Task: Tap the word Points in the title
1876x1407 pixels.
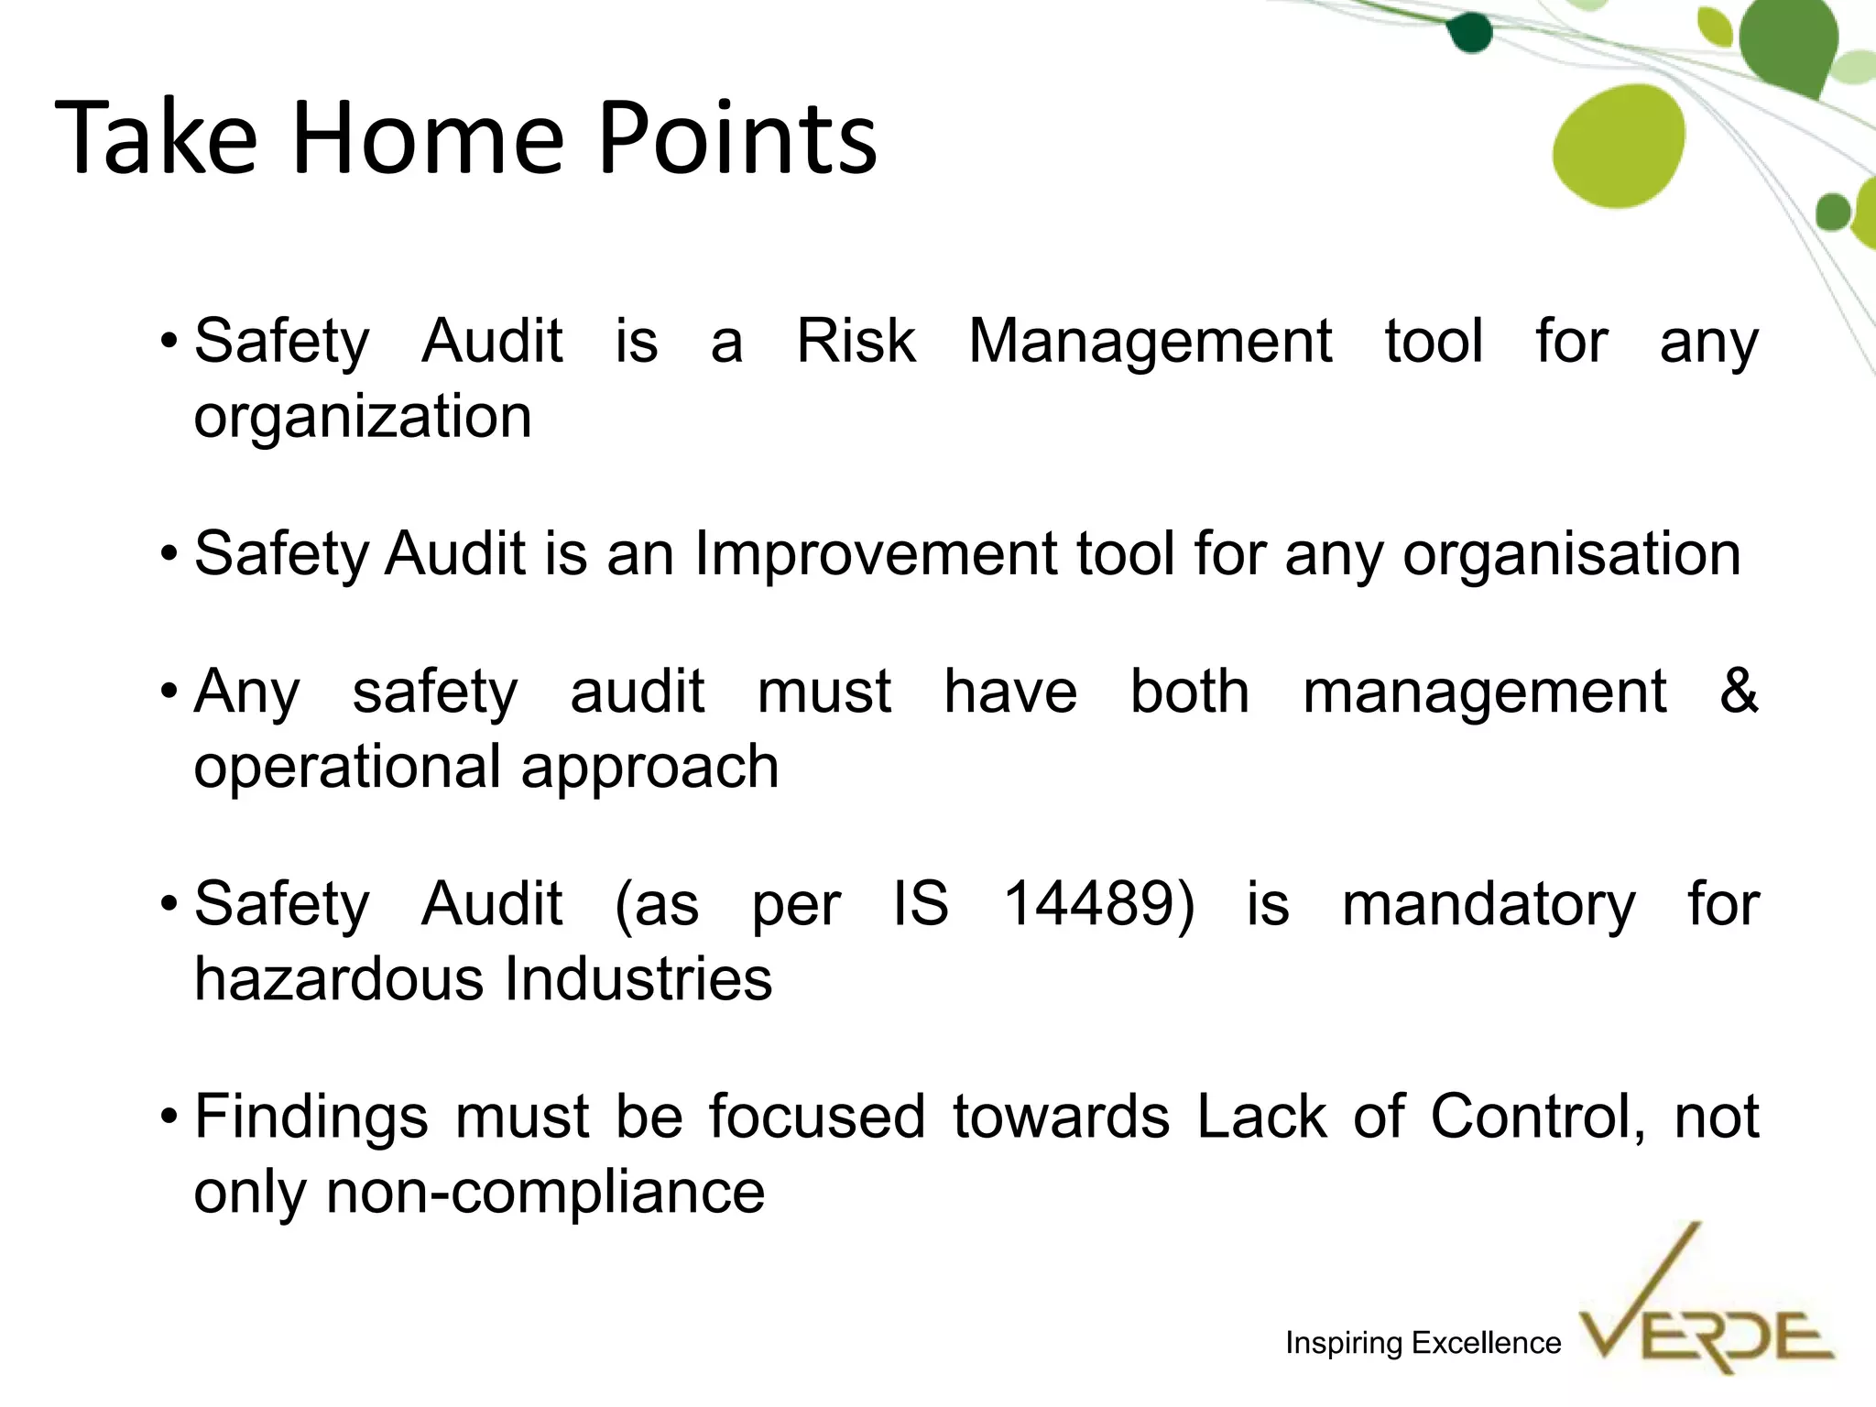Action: coord(737,139)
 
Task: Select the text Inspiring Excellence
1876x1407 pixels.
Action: coord(1423,1343)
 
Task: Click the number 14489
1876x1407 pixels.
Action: coord(1098,903)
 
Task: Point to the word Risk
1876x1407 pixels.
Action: coord(856,341)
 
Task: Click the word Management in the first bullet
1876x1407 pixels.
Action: coord(1150,343)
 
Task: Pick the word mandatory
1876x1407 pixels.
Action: coord(1488,905)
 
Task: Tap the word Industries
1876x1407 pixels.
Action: coord(638,978)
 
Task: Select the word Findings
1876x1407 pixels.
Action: coord(311,1118)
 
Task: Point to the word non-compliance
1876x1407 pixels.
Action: coord(545,1192)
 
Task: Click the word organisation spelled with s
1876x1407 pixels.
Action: coord(1571,555)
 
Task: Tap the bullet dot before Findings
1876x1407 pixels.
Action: coord(168,1118)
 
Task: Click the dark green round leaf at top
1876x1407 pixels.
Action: coord(1469,33)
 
